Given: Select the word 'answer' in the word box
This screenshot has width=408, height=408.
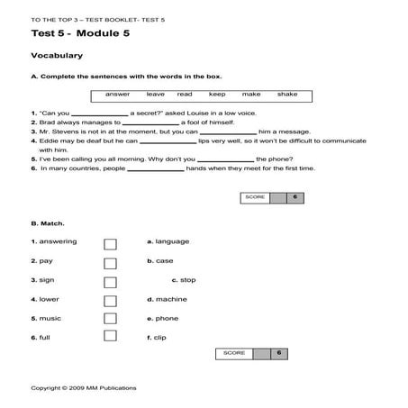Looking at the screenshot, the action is coord(117,95).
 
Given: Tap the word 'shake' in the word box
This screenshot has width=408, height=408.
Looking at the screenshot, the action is coord(286,95).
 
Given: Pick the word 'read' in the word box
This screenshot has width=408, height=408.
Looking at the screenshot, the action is coord(185,95).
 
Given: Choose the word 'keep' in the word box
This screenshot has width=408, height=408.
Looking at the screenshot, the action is coord(217,95).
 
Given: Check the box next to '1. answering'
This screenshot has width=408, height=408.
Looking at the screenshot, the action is coord(110,244).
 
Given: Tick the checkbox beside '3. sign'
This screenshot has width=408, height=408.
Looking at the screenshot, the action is coord(110,282).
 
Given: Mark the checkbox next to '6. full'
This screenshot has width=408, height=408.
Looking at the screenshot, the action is coord(110,336).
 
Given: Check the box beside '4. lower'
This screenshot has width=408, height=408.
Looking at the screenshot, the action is coord(110,301).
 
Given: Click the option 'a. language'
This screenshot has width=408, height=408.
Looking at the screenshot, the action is coord(168,241).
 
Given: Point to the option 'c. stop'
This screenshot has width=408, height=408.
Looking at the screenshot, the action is coord(183,279).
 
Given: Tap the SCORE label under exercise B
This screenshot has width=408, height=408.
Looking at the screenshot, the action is coord(234,353).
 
